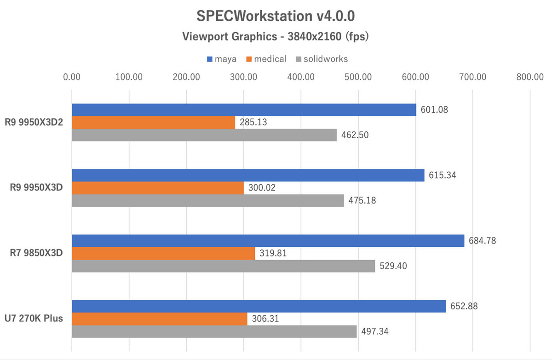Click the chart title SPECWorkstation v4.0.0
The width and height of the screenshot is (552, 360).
click(276, 16)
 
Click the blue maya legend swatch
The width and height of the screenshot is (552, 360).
click(209, 59)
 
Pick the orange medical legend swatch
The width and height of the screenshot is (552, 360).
click(250, 59)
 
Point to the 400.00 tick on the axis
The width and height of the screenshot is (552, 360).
click(301, 77)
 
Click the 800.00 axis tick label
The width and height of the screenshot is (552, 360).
click(530, 77)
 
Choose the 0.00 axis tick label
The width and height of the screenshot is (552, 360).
click(72, 77)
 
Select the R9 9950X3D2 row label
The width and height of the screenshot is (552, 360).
click(35, 122)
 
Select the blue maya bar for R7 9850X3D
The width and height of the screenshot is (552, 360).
click(268, 241)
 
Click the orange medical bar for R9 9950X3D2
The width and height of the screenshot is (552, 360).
click(153, 122)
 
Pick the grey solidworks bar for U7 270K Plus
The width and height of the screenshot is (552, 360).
click(214, 331)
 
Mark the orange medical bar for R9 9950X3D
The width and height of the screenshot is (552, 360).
click(158, 188)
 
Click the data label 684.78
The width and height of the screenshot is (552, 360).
click(482, 240)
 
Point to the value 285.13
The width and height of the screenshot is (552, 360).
click(253, 123)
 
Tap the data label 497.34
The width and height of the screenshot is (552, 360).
click(374, 332)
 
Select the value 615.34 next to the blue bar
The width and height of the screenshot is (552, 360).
click(442, 175)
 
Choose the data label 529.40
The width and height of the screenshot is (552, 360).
click(393, 266)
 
